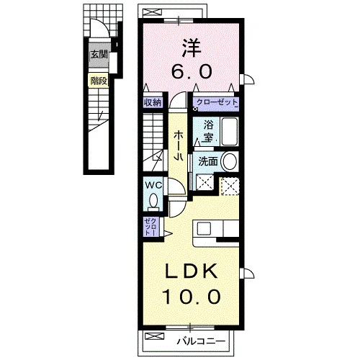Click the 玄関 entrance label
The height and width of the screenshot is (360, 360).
point(99,55)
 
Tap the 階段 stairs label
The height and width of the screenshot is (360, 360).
point(99,81)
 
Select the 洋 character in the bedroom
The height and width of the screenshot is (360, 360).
point(192,48)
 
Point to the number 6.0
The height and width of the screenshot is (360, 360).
point(192,71)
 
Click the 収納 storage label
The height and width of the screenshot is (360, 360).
point(153,103)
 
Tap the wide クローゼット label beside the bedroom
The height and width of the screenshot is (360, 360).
point(217,102)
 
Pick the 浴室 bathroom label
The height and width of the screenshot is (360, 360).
point(208,132)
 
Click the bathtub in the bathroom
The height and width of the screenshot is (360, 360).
point(230,132)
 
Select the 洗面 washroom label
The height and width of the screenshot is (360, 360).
point(208,162)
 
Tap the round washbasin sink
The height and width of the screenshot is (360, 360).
point(230,161)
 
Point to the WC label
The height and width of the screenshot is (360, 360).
point(153,185)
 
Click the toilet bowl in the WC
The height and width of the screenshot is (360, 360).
point(153,200)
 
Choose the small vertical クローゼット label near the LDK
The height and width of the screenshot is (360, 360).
point(151,227)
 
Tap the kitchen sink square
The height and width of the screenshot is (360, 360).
point(204,228)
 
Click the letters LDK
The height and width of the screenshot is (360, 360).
point(192,271)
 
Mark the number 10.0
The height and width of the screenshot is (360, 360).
point(192,297)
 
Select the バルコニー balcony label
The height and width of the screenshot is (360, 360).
point(202,341)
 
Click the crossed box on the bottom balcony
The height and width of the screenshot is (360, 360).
point(155,336)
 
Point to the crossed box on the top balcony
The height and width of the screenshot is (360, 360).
point(152,12)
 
